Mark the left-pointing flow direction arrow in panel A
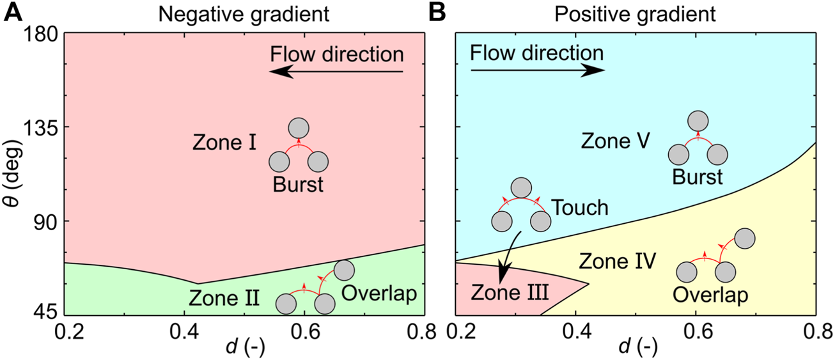point(336,72)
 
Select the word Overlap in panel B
point(711,295)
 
